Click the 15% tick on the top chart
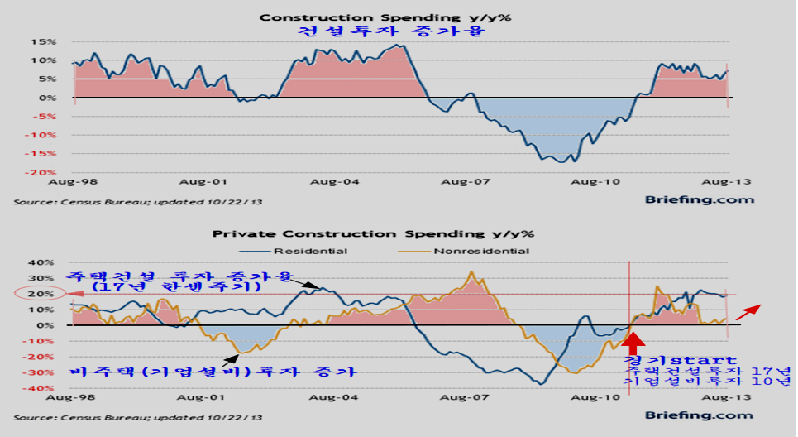pyautogui.click(x=45, y=41)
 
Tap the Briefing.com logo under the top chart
pyautogui.click(x=700, y=199)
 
